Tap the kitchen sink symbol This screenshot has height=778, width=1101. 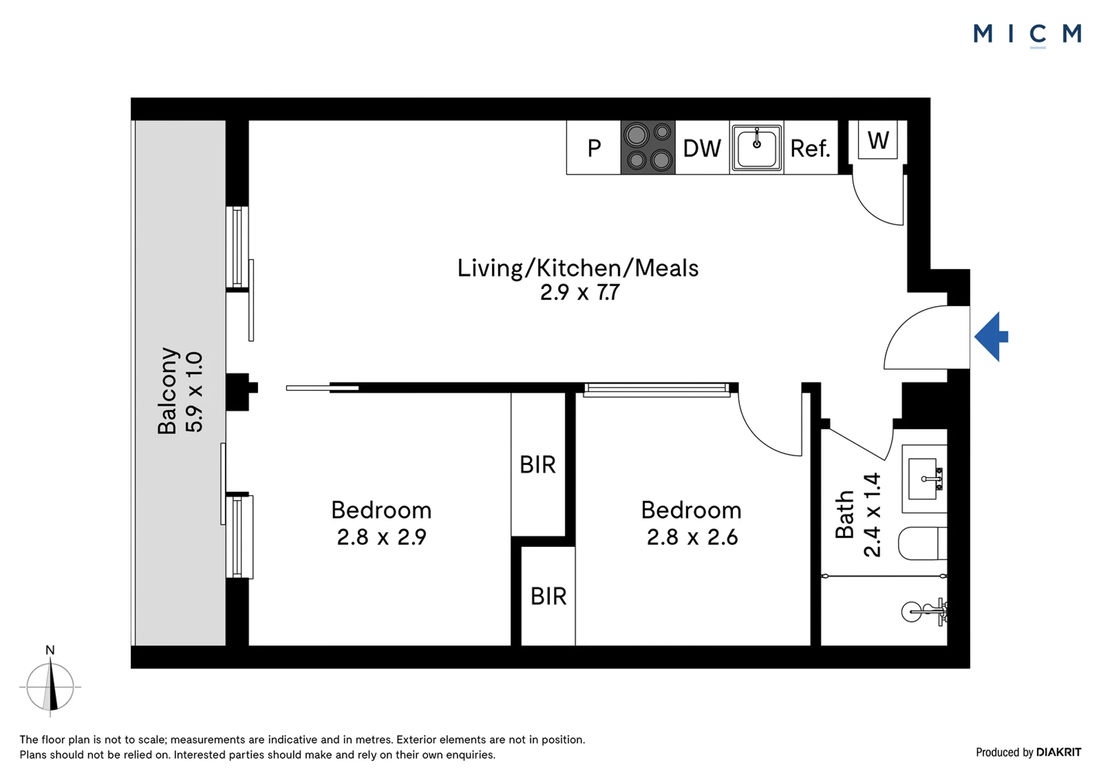(756, 147)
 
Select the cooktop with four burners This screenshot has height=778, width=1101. (648, 147)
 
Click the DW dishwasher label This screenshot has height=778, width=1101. (702, 148)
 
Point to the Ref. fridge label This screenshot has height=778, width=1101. (810, 148)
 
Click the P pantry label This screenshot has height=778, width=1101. (594, 148)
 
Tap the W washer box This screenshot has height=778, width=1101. (878, 140)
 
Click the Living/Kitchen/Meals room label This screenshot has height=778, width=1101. (578, 268)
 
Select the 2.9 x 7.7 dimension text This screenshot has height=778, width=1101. (580, 292)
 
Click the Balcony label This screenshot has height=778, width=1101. (167, 390)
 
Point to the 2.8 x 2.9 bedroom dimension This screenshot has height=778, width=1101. (381, 537)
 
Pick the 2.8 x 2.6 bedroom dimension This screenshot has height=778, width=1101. (692, 537)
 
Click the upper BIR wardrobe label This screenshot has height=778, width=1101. (538, 465)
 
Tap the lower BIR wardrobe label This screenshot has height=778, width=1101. (549, 596)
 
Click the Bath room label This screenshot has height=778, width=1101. (845, 514)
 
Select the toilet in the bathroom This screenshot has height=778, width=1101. (922, 544)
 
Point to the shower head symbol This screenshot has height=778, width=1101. (924, 612)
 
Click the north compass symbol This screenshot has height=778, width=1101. (50, 686)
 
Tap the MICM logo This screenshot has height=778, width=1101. (1027, 34)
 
